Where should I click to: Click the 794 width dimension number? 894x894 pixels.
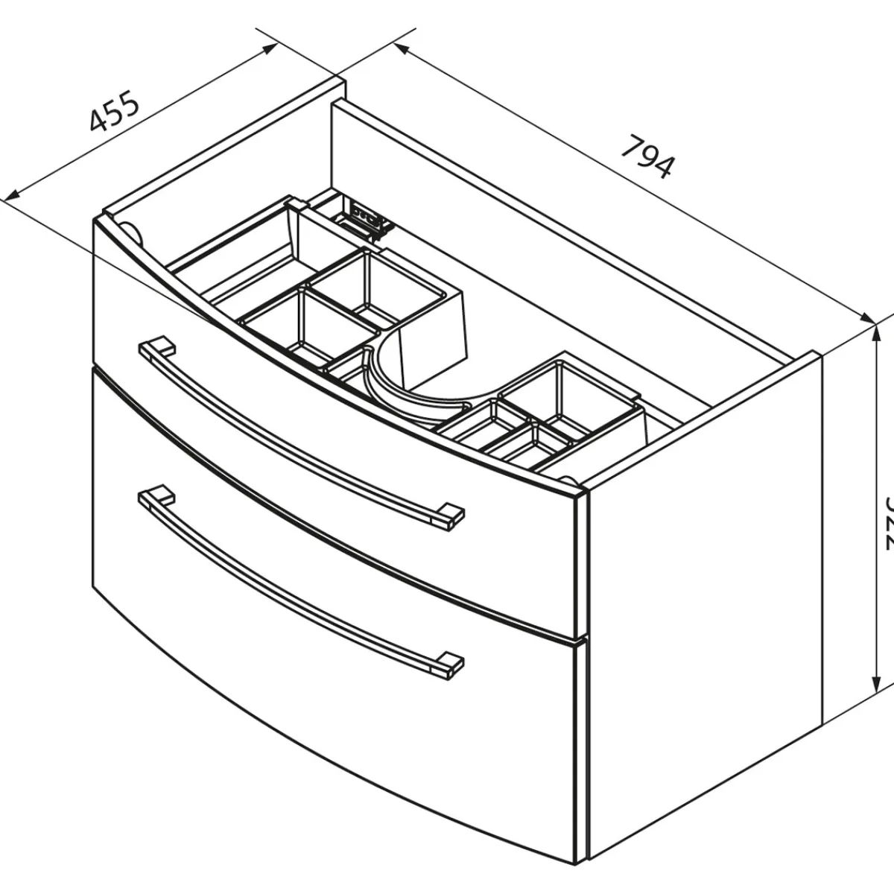tap(647, 156)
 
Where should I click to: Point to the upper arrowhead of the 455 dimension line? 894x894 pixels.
tap(272, 46)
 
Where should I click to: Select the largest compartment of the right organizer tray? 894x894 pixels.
tap(566, 391)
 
